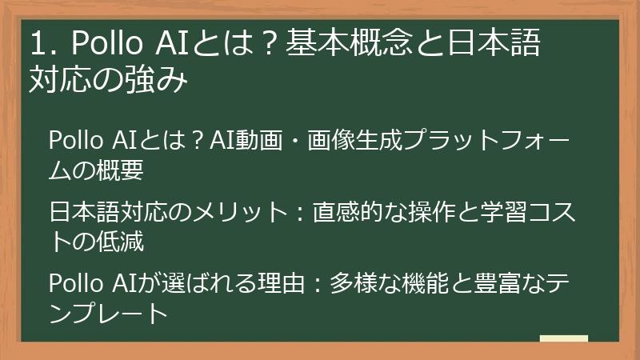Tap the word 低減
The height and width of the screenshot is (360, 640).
pos(122,240)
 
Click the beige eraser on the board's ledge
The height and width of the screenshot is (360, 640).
pos(563,339)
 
